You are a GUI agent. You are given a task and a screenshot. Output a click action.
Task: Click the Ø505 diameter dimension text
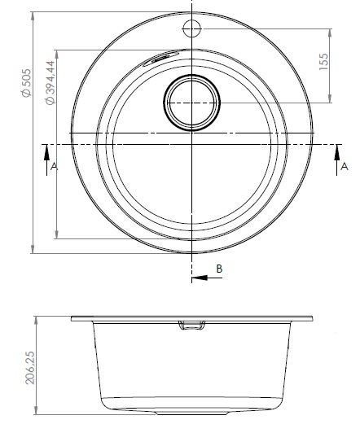point(27,83)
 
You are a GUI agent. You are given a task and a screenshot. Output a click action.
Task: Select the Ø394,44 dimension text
point(50,82)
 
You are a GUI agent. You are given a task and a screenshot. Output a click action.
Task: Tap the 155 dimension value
point(324,61)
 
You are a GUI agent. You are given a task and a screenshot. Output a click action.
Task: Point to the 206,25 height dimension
point(29,368)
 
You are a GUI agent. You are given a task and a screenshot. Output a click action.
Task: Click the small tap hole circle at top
point(191,28)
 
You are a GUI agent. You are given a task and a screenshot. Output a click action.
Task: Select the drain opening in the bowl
point(191,103)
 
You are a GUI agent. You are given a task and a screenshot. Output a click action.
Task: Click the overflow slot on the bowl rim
point(156,59)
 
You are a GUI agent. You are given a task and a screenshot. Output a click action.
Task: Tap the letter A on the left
point(54,166)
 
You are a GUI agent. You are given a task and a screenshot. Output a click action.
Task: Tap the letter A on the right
point(345,166)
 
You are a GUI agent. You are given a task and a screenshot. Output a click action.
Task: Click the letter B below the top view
point(219,269)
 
